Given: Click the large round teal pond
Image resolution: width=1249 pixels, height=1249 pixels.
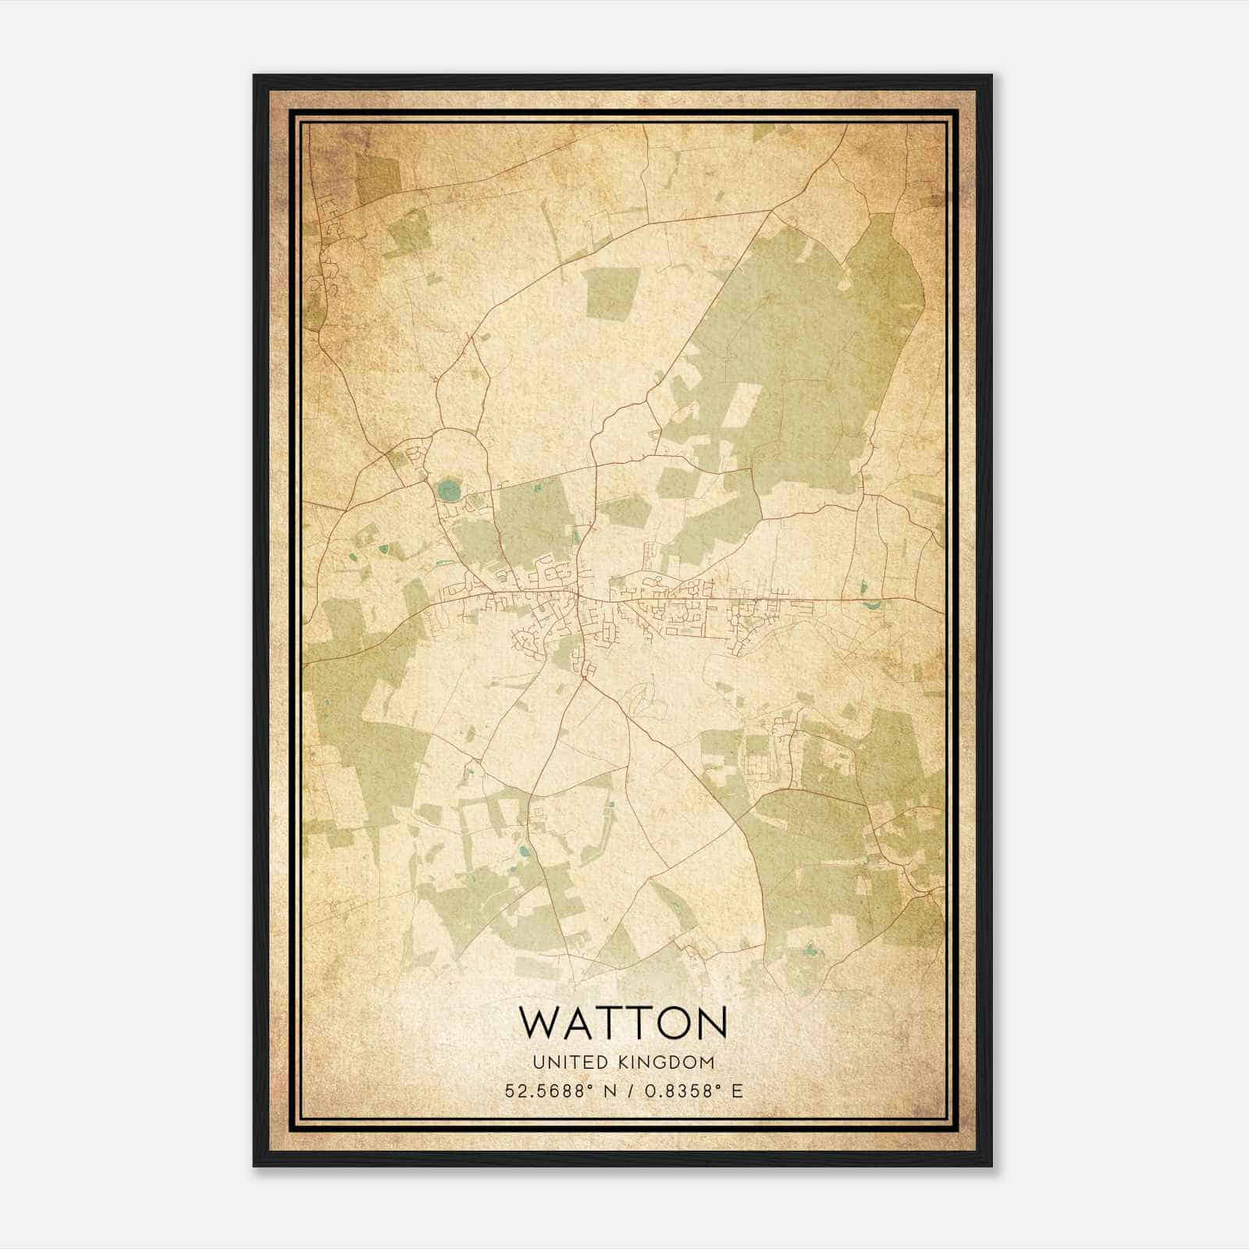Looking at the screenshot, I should tap(448, 491).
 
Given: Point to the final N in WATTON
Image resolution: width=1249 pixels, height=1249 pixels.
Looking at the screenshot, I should tap(710, 1023).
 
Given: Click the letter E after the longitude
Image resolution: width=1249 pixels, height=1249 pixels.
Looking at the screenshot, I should tap(738, 1091).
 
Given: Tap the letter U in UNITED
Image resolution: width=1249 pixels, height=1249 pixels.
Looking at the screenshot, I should tap(537, 1062).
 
